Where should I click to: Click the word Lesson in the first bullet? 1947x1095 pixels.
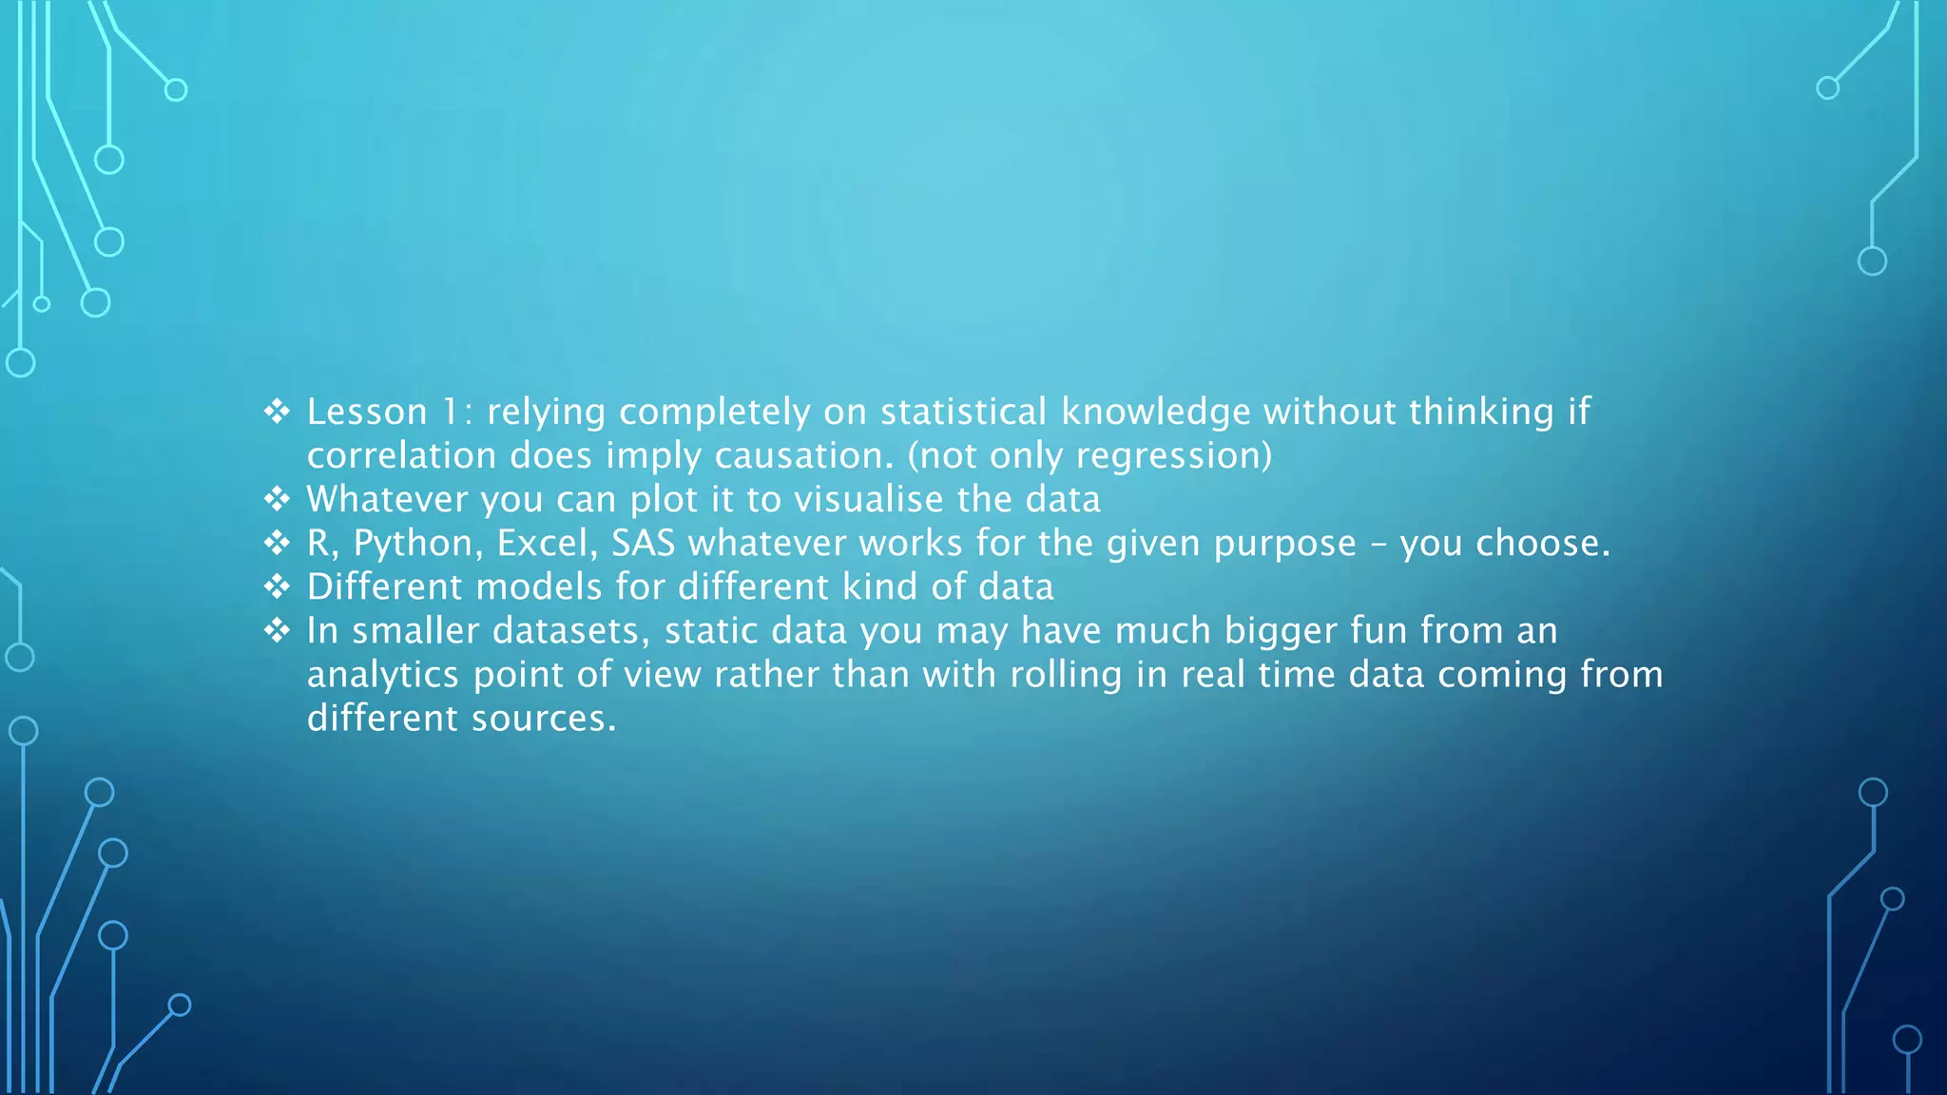[x=367, y=413]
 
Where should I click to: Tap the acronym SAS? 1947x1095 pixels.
[x=643, y=544]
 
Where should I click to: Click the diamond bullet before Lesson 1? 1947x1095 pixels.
[x=277, y=412]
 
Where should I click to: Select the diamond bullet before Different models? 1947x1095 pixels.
[x=277, y=586]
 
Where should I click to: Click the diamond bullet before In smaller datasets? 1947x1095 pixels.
[x=277, y=630]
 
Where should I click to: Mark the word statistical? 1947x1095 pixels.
[x=963, y=413]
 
